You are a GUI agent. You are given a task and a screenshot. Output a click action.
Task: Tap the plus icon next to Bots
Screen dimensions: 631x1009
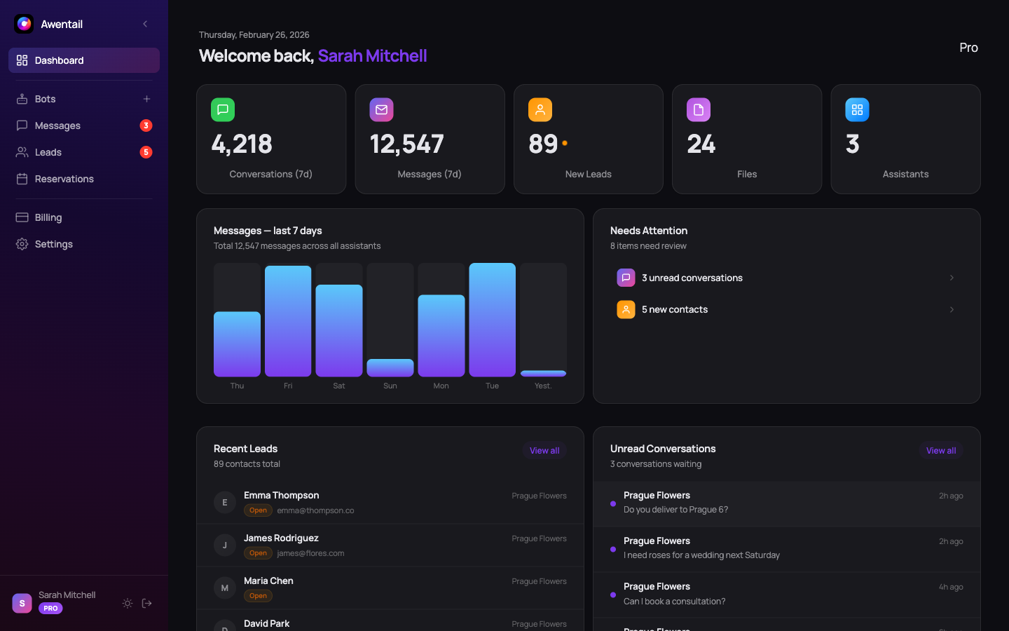click(x=146, y=99)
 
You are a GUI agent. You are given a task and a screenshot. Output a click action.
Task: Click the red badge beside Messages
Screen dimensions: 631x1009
click(x=146, y=125)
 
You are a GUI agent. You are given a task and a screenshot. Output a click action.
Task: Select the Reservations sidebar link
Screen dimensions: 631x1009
click(x=64, y=179)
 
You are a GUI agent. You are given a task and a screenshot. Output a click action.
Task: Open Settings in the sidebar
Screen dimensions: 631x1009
click(x=53, y=244)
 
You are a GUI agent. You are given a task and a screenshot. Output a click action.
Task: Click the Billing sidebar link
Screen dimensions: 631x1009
click(x=48, y=217)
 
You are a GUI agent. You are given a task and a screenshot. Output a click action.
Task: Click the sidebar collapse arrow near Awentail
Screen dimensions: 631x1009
click(x=145, y=24)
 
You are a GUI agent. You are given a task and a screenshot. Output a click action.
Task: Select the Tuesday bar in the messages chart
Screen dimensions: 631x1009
click(x=492, y=320)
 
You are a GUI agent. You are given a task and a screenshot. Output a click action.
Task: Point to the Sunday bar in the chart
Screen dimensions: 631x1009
click(x=390, y=367)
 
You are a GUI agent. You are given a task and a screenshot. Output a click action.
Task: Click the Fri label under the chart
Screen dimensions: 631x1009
click(x=288, y=386)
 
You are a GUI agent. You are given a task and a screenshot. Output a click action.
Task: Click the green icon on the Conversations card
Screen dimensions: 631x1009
click(x=223, y=109)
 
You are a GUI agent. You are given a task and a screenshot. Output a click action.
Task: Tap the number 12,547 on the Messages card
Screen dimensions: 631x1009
click(x=406, y=144)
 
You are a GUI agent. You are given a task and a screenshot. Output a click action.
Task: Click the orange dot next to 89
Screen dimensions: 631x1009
click(x=565, y=143)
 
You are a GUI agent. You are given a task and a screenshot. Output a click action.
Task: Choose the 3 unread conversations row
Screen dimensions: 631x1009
click(x=692, y=278)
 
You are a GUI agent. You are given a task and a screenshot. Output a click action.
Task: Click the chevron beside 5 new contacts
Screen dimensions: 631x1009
click(x=952, y=309)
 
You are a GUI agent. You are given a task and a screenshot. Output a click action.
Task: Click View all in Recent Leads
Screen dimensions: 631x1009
click(x=544, y=451)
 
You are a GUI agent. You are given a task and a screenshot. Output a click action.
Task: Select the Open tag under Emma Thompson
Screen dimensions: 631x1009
click(x=258, y=510)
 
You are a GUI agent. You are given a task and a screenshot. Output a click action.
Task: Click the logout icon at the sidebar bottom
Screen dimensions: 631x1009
click(x=147, y=603)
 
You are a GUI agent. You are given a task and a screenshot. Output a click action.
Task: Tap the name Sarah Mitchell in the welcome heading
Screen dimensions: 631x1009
click(x=372, y=55)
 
